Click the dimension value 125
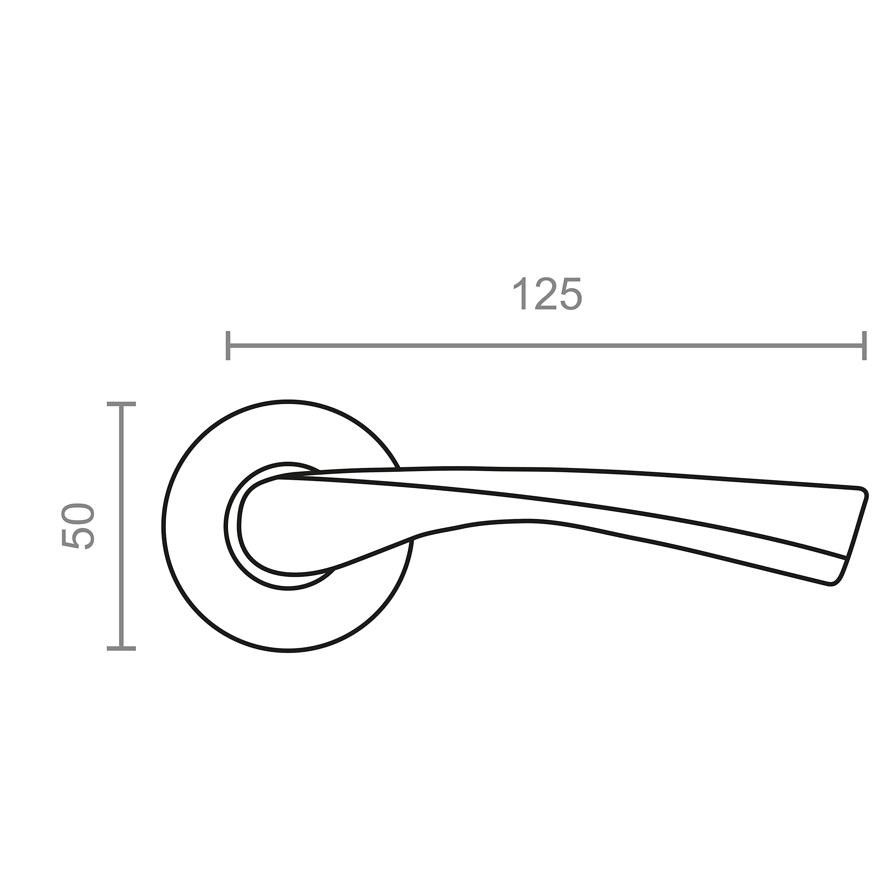(548, 293)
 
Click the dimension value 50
(78, 526)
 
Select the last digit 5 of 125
(571, 294)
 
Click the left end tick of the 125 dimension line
(228, 346)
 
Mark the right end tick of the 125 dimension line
(864, 346)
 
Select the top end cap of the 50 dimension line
(121, 404)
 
